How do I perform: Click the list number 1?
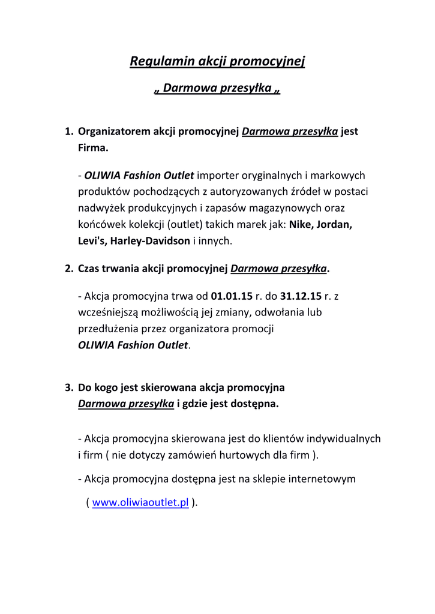pyautogui.click(x=68, y=131)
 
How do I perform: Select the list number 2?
pyautogui.click(x=68, y=269)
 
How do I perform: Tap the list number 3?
pyautogui.click(x=68, y=387)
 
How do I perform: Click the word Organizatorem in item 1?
pyautogui.click(x=114, y=131)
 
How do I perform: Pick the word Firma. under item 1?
pyautogui.click(x=93, y=148)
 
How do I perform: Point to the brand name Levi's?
pyautogui.click(x=92, y=241)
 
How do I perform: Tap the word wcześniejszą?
pyautogui.click(x=109, y=312)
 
